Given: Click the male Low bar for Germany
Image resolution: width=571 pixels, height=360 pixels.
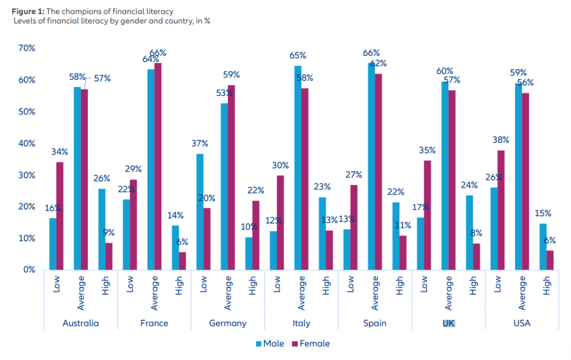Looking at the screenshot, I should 200,212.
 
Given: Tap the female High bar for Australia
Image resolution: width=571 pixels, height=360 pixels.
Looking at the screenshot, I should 109,256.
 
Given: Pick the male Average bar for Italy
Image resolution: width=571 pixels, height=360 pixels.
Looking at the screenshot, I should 298,167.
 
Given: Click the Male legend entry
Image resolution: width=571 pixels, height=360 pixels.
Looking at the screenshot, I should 270,343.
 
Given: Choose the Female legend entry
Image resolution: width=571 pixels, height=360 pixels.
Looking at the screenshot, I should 310,343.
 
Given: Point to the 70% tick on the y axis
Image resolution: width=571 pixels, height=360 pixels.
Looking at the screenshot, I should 26,48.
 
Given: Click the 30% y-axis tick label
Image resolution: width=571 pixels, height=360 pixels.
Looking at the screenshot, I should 26,175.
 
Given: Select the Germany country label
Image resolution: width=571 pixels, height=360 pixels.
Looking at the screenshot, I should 228,323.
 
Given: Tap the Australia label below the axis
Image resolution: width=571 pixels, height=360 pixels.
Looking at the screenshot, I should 81,323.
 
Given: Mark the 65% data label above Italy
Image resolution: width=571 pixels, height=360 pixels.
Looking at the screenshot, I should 298,56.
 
